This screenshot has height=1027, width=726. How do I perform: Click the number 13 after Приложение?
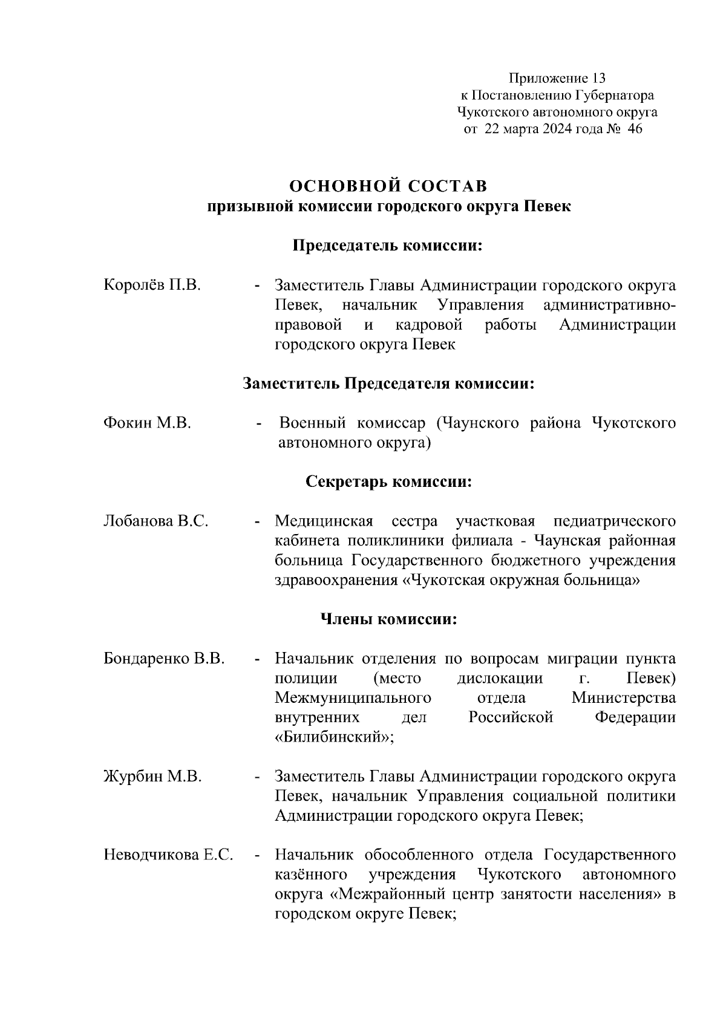coord(598,78)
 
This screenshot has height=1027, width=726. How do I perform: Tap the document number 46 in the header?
coord(635,129)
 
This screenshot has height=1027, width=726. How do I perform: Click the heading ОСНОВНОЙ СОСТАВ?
coord(388,186)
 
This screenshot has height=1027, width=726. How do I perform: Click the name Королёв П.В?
coord(152,285)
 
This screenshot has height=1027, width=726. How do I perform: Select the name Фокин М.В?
coord(148,423)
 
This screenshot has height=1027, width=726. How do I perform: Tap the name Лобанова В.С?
coord(156,521)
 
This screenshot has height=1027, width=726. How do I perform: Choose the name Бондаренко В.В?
coord(164,659)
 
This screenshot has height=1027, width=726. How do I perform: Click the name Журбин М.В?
coord(152,777)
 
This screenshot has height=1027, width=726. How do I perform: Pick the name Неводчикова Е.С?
coord(168,855)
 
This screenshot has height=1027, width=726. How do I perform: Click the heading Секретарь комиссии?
coord(388,482)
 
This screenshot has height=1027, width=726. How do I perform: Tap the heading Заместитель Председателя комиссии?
coord(388,383)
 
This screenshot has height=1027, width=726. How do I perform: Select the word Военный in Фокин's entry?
coord(312,423)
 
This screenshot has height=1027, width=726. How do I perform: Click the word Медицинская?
coord(324,521)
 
